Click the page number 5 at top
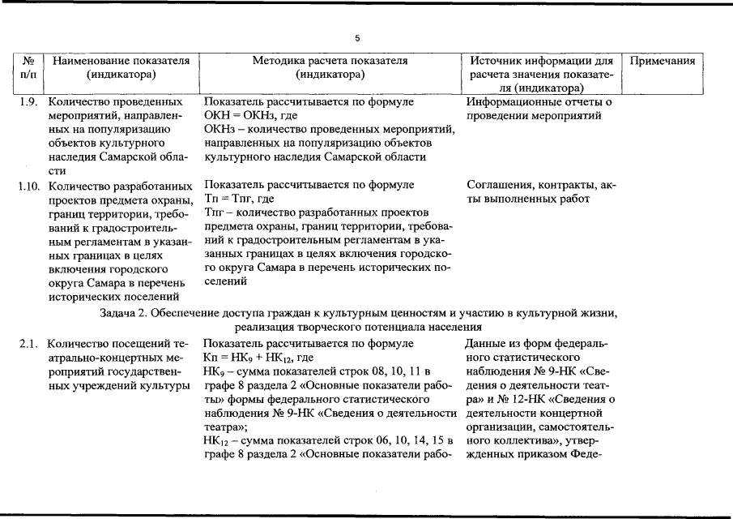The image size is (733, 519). (357, 37)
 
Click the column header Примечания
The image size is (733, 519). (662, 61)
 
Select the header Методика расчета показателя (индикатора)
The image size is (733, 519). (330, 67)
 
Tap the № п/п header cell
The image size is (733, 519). (28, 67)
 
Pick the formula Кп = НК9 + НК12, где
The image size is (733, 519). (258, 357)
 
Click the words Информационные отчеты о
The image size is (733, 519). (539, 103)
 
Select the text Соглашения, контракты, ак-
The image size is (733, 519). (542, 186)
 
